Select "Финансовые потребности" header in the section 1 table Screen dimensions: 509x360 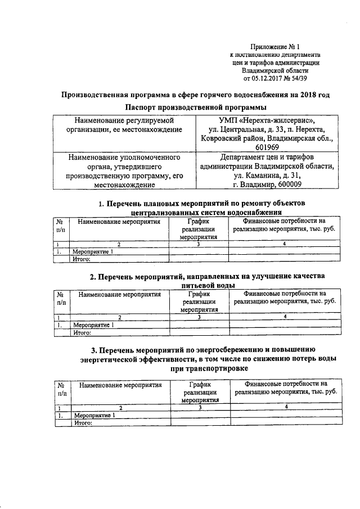click(x=285, y=226)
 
